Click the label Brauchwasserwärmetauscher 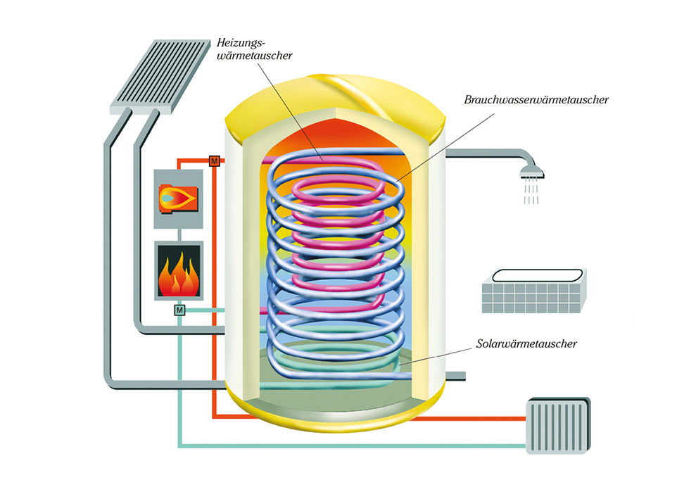pyautogui.click(x=536, y=100)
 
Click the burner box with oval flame pyautogui.click(x=178, y=198)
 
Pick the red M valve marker pyautogui.click(x=215, y=161)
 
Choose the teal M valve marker pyautogui.click(x=179, y=310)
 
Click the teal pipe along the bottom pyautogui.click(x=352, y=444)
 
